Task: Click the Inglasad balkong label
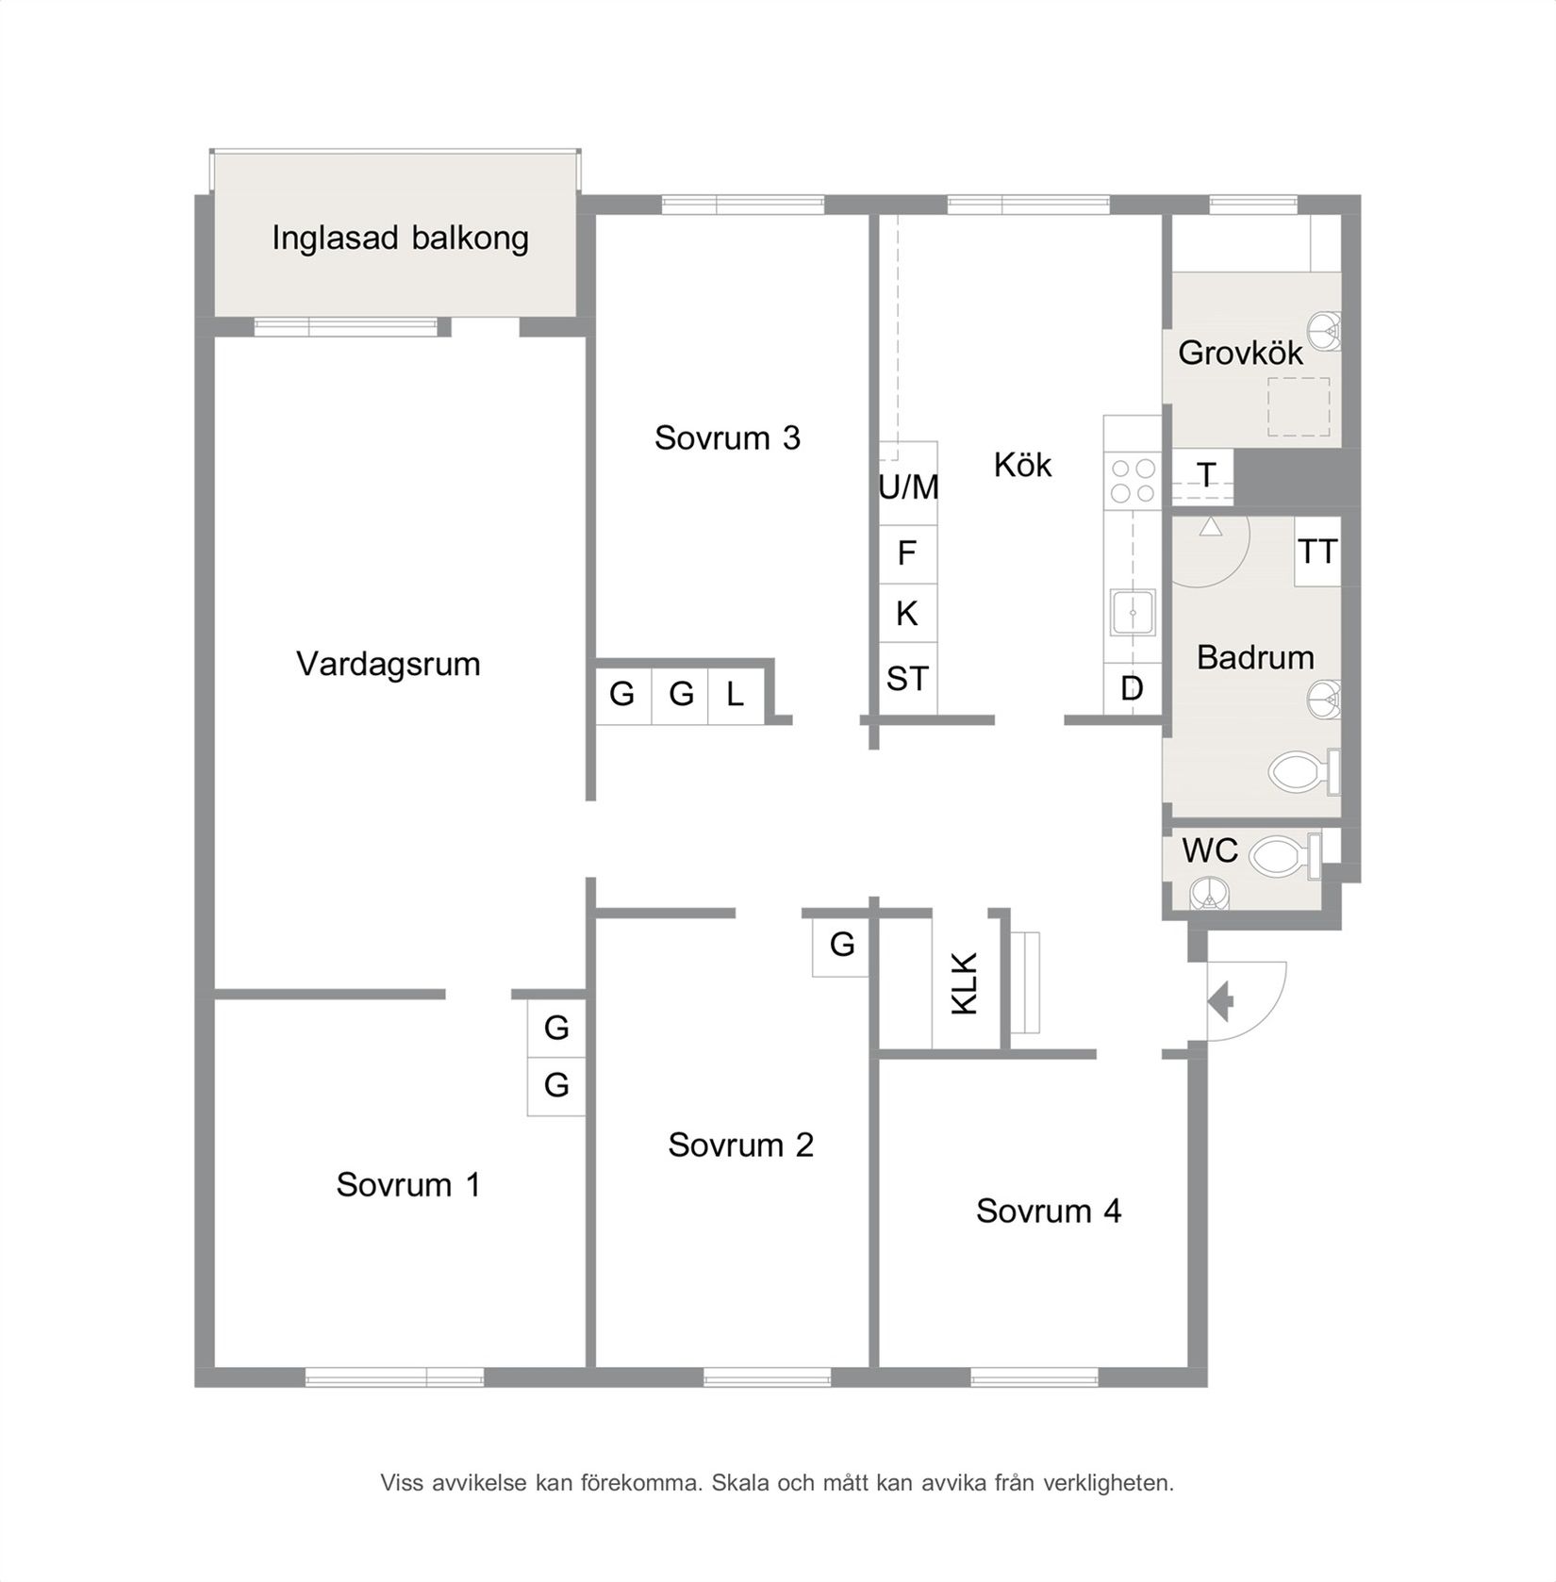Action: [400, 239]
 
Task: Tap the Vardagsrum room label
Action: [388, 665]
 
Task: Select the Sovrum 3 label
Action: [727, 438]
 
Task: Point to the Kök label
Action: [1022, 465]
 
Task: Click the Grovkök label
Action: [1240, 354]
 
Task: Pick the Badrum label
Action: [1255, 657]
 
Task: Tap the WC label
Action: [1209, 850]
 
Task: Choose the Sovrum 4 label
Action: [1049, 1211]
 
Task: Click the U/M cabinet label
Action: [908, 487]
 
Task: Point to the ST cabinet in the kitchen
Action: [907, 679]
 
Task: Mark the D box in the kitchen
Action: [1132, 689]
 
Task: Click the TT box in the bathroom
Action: [1316, 552]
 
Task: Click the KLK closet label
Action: [965, 984]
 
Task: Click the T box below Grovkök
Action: [1205, 475]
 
